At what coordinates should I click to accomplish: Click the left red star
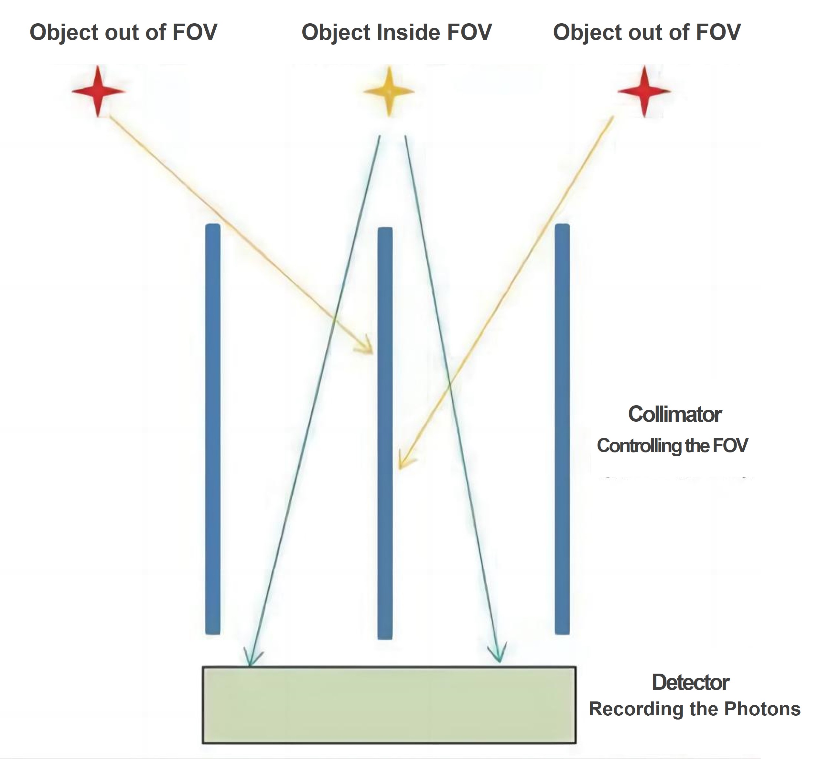(x=98, y=91)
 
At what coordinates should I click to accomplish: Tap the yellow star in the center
(x=389, y=91)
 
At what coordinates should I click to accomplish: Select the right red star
(x=644, y=91)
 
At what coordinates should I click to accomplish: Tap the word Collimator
(x=674, y=414)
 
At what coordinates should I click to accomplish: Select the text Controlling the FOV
(x=672, y=446)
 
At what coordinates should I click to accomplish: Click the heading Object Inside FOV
(x=396, y=32)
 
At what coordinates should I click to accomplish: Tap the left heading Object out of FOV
(x=123, y=32)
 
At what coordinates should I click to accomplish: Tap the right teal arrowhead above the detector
(x=498, y=656)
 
